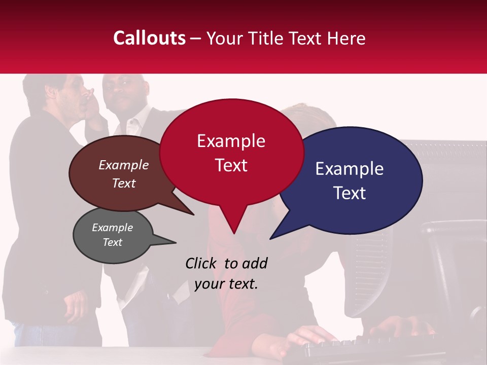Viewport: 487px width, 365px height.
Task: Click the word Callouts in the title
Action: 149,38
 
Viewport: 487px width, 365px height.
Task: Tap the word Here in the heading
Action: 346,38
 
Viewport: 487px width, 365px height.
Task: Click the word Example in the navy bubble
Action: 350,169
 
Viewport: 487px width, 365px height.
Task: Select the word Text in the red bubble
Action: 231,165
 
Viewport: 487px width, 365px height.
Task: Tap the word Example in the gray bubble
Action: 112,228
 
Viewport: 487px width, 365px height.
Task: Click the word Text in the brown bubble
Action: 124,184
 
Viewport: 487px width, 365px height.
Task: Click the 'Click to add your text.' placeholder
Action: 226,274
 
